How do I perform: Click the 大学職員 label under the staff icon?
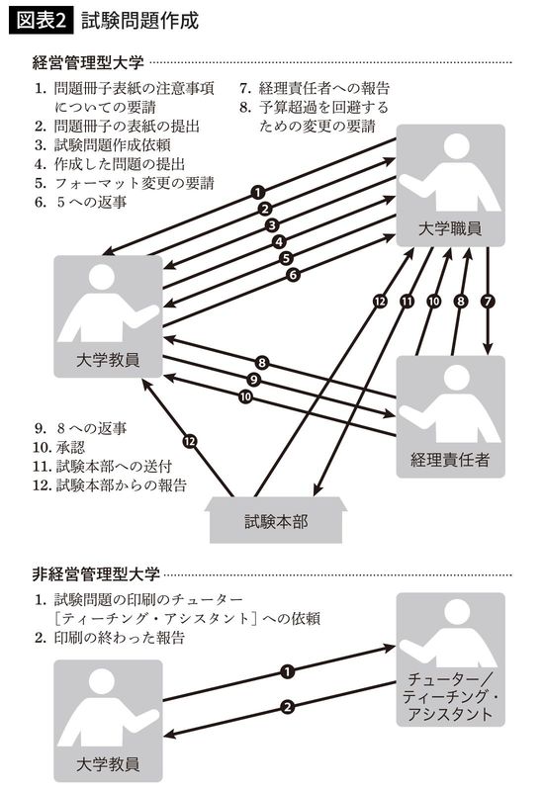click(x=451, y=229)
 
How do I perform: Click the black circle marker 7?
click(x=487, y=300)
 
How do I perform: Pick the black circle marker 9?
click(x=254, y=380)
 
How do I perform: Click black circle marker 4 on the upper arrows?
click(x=280, y=241)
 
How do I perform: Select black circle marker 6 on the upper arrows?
click(x=293, y=276)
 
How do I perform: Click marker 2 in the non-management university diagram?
click(x=287, y=706)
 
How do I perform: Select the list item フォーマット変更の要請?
click(x=129, y=183)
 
